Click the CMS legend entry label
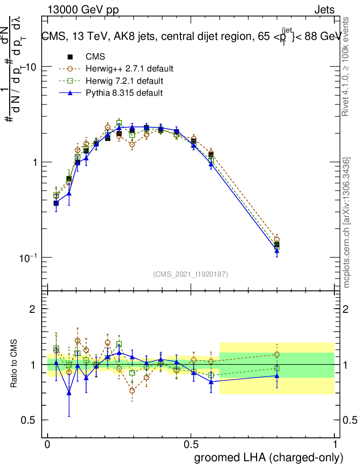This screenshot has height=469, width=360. pos(95,57)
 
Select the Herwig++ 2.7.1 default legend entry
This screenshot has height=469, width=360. pos(129,69)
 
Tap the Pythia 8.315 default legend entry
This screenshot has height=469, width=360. pos(124,93)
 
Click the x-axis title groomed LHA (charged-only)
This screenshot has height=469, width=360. pos(269,458)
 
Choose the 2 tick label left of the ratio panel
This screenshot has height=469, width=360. pos(32,309)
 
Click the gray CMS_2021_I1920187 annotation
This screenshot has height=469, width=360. pos(191,274)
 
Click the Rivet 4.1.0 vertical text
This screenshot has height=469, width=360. pos(346,66)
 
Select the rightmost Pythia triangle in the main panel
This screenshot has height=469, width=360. pos(277,251)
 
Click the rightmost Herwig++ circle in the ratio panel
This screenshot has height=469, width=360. pos(277,354)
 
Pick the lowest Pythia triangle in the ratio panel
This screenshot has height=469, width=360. pos(69,393)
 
